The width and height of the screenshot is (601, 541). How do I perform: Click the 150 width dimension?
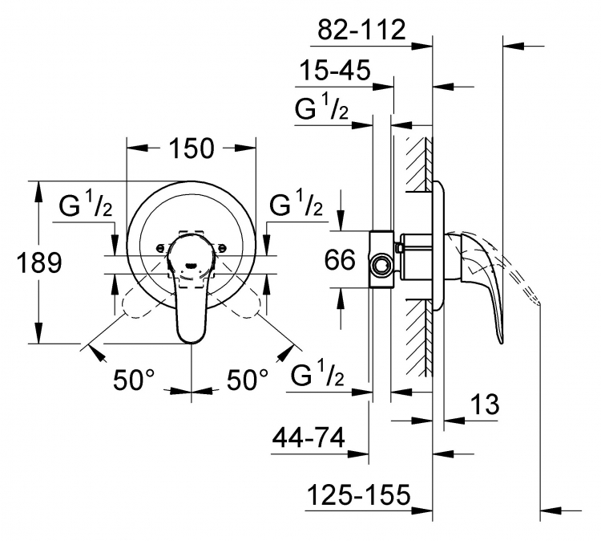192,148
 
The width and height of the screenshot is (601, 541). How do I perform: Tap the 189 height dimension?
39,263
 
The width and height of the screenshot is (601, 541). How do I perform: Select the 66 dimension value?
340,260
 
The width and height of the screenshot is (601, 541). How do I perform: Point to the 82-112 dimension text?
361,30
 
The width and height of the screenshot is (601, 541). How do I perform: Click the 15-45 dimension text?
335,71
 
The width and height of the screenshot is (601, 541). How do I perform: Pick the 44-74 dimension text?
309,438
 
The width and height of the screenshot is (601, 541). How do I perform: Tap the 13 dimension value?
485,404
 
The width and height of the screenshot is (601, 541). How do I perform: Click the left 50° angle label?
134,380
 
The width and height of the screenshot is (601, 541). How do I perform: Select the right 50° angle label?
248,380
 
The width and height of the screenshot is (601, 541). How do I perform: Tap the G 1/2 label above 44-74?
317,373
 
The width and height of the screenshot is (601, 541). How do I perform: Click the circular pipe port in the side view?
381,265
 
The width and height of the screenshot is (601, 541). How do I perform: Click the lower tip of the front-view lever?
192,343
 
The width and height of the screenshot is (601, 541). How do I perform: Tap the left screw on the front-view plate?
159,248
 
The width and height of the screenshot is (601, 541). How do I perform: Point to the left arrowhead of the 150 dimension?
137,148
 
